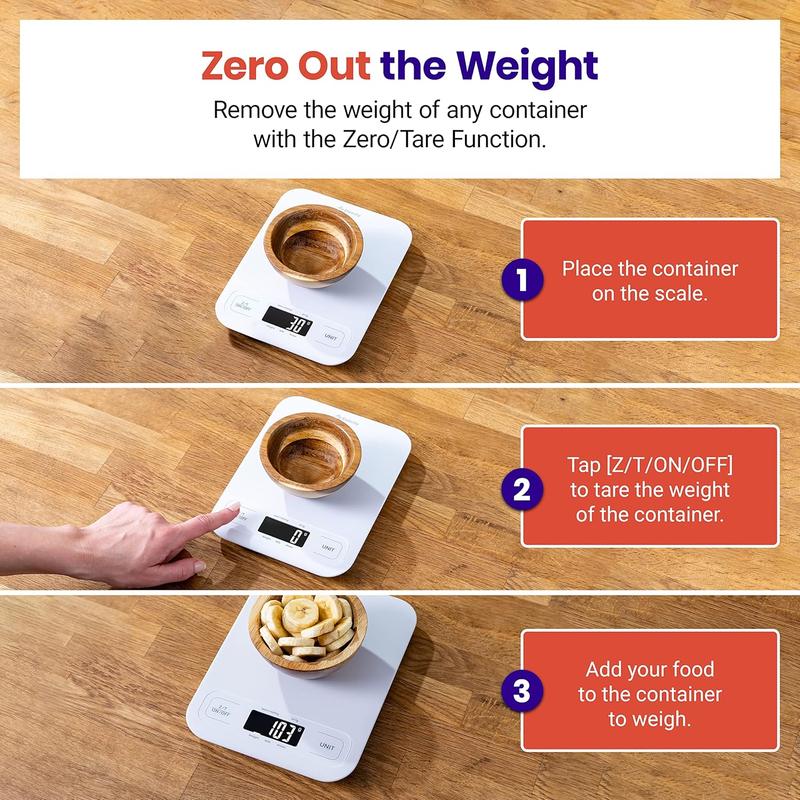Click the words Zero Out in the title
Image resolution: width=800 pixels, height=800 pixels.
286,66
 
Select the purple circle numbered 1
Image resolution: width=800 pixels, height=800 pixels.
521,281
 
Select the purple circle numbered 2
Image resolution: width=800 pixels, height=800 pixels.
521,489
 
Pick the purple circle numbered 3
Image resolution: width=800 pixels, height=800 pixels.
521,691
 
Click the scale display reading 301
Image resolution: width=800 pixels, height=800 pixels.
288,322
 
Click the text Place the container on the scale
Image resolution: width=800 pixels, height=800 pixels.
649,280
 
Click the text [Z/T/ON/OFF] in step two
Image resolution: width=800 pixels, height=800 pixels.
649,467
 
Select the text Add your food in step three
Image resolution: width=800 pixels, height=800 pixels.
649,670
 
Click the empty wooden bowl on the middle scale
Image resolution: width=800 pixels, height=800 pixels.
301,449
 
